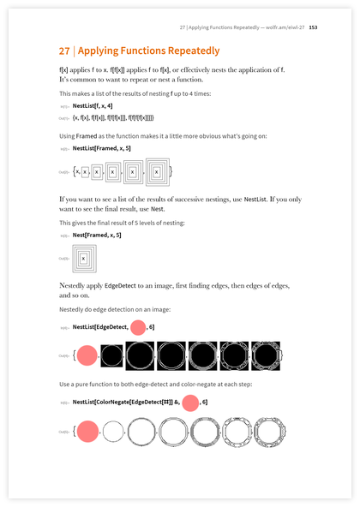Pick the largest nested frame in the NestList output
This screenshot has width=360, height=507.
pyautogui.click(x=158, y=172)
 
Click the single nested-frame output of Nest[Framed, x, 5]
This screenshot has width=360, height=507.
pyautogui.click(x=83, y=257)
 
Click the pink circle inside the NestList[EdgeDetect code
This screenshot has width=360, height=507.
pyautogui.click(x=138, y=326)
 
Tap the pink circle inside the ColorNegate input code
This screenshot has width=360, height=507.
pyautogui.click(x=190, y=402)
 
